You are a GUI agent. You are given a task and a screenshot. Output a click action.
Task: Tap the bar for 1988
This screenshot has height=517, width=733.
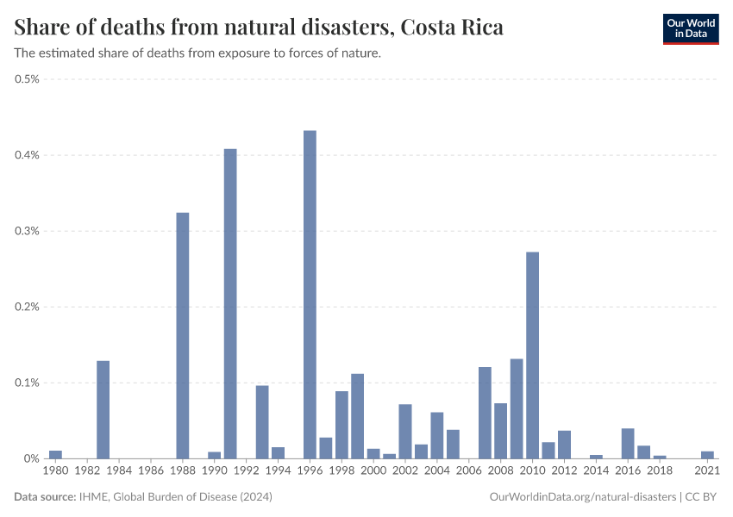coord(183,335)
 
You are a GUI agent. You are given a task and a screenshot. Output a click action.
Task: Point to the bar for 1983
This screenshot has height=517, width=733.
coord(103,409)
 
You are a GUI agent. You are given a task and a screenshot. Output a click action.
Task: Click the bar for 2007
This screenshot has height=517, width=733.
coord(485,413)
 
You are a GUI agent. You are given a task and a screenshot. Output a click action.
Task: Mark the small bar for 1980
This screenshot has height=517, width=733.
coord(55,454)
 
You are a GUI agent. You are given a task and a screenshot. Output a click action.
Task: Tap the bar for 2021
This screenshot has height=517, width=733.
coord(707,455)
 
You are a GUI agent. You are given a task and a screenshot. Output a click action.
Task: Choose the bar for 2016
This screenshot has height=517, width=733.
coord(628,443)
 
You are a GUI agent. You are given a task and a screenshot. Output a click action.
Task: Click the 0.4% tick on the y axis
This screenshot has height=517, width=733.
coord(28,155)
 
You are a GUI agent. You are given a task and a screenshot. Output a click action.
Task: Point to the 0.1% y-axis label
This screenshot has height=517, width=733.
coord(28,383)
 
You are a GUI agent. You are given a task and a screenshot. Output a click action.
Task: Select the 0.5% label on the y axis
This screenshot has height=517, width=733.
coord(28,79)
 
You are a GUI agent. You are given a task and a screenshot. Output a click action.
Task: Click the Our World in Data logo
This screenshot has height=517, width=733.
coord(691,28)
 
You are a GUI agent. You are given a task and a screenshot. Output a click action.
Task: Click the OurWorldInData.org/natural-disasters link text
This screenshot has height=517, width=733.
coord(582,497)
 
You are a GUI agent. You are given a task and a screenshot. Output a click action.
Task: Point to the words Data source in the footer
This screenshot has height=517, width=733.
coord(43,497)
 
